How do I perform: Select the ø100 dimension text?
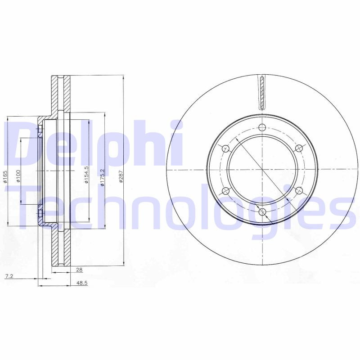[18, 175]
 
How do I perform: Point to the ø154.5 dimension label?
[85, 175]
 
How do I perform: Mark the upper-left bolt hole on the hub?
[226, 148]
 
